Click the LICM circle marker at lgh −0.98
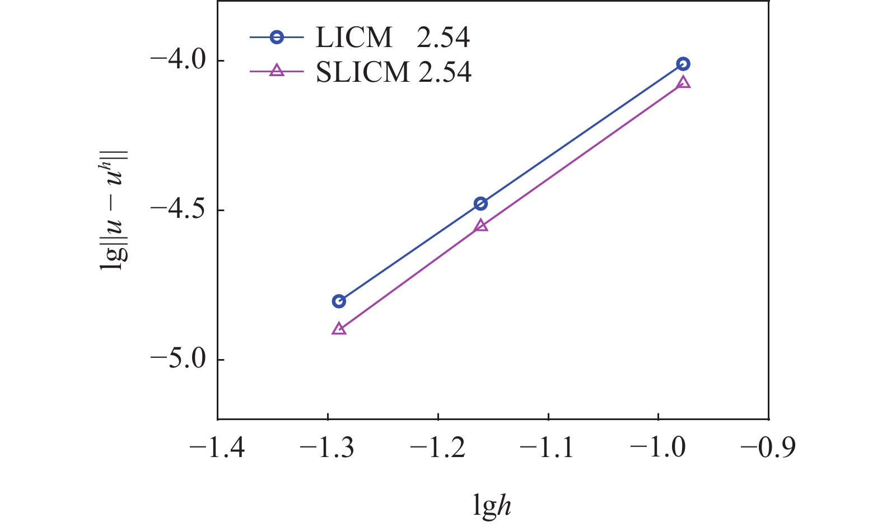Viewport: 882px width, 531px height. pos(683,64)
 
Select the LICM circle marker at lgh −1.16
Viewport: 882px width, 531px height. pos(480,203)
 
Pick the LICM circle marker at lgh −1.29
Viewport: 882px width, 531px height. pos(339,301)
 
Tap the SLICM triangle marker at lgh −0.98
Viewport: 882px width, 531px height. pos(683,83)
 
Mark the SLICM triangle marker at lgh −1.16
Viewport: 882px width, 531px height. pos(480,226)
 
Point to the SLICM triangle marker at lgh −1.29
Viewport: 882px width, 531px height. pos(339,329)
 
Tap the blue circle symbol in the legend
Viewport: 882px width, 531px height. pos(277,38)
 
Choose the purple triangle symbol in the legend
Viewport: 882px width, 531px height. pos(277,71)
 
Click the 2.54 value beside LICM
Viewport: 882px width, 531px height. pos(442,38)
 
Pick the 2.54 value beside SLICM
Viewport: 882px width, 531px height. pos(445,72)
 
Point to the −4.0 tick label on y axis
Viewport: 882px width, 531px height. pos(178,60)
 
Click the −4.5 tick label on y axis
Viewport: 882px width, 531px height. pos(178,210)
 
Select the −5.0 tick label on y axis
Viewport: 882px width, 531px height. pos(178,360)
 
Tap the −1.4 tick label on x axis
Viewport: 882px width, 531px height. pos(217,448)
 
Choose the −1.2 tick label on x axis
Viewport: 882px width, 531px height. pos(438,448)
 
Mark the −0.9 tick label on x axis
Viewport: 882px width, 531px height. pos(768,448)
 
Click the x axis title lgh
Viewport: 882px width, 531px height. pos(492,506)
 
